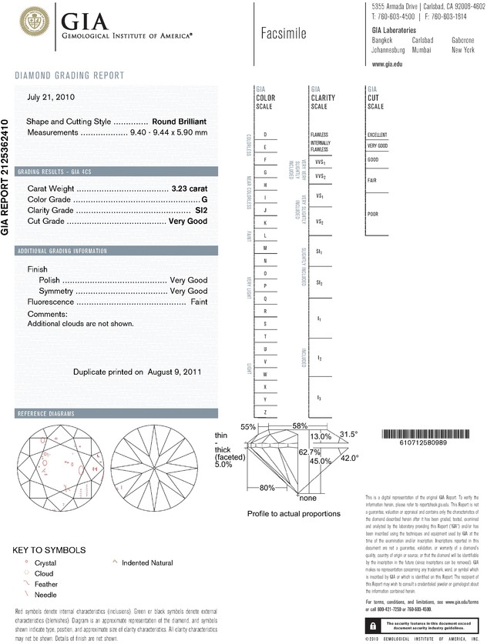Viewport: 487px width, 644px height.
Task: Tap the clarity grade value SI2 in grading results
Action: (x=201, y=210)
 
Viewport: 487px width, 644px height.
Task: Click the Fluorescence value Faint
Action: (x=199, y=302)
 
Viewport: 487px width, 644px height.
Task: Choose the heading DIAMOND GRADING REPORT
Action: (x=69, y=75)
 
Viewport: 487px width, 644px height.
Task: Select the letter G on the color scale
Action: (x=266, y=172)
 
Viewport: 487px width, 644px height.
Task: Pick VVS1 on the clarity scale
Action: (x=320, y=162)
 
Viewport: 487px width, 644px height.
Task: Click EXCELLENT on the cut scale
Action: (x=378, y=135)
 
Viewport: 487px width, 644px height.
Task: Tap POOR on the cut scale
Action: (x=373, y=214)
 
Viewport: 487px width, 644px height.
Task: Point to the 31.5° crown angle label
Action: (x=349, y=435)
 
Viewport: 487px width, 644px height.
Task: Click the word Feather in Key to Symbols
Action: (x=47, y=585)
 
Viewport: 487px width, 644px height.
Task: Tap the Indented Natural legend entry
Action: (x=147, y=562)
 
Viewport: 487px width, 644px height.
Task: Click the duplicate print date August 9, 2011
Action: (x=173, y=372)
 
